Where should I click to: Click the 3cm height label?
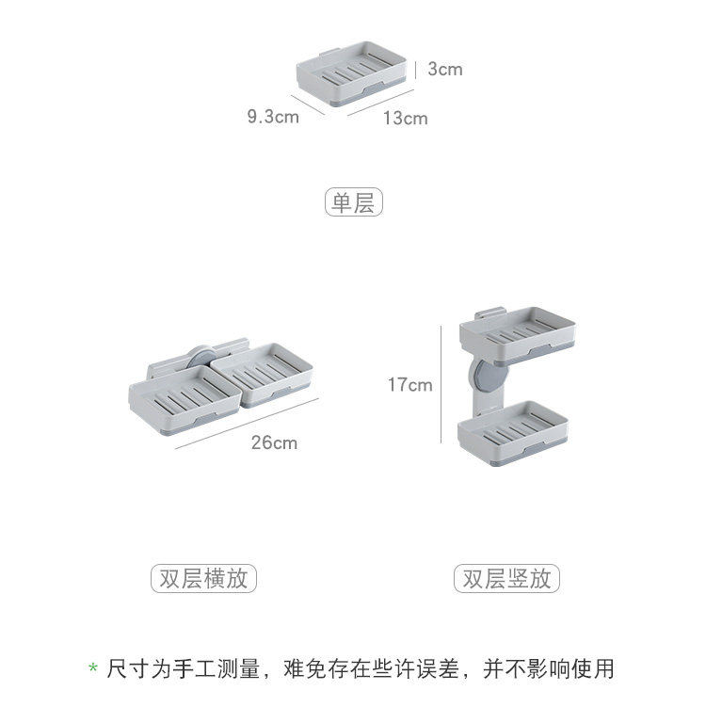point(444,69)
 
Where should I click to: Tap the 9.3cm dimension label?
point(273,117)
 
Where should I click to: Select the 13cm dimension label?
point(405,118)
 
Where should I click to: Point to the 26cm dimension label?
point(274,442)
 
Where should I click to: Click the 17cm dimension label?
point(409,384)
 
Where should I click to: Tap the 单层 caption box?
point(354,201)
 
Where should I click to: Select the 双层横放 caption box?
point(203,577)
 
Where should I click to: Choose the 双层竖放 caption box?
point(506,577)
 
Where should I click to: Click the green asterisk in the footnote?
point(93,670)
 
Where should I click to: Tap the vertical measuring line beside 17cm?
point(441,384)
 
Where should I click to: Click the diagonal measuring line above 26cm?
point(247,424)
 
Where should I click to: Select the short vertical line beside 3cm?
point(415,69)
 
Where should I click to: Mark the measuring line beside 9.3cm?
point(308,103)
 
